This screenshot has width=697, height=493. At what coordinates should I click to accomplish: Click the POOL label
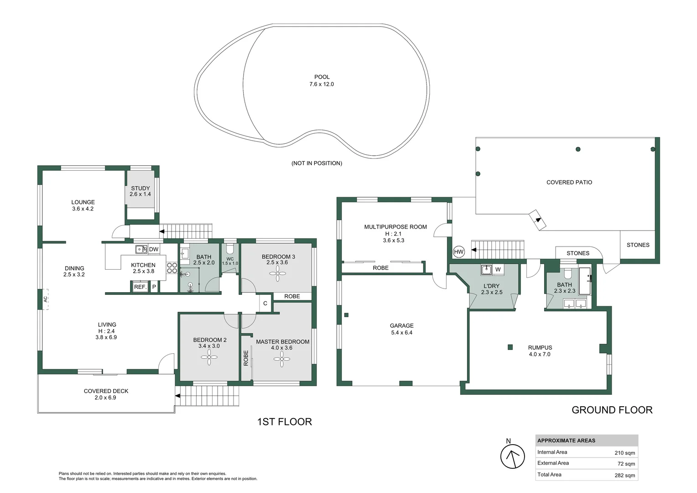tap(322, 77)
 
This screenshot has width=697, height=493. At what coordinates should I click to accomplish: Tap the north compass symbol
tap(512, 456)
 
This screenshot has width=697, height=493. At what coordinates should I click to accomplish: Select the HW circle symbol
tap(458, 252)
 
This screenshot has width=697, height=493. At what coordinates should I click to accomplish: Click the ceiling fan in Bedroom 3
tap(277, 274)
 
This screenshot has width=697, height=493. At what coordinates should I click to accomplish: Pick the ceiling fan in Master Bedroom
tap(281, 359)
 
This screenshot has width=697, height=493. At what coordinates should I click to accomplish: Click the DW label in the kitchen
tap(154, 249)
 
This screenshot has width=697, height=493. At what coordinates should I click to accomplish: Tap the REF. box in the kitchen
tap(140, 287)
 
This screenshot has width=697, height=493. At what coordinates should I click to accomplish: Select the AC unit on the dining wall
tap(46, 299)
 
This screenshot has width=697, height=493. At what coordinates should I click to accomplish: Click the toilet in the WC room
tap(230, 249)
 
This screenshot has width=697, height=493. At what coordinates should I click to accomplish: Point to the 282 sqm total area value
tap(624, 475)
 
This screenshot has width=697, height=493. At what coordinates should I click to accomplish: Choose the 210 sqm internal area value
tap(624, 453)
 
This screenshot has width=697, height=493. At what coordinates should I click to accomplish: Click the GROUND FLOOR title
tap(612, 410)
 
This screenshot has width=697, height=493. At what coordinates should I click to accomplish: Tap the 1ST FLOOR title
tap(285, 422)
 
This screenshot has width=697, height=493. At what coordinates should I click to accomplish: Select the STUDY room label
tap(140, 188)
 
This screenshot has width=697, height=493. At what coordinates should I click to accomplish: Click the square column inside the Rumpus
tap(510, 347)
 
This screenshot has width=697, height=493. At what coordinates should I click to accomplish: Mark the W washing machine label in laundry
tap(498, 269)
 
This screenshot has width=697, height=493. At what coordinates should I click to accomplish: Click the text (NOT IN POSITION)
tap(317, 163)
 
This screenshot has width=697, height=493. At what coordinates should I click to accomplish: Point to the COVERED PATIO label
tap(569, 182)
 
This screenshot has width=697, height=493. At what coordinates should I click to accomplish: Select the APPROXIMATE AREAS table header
tap(566, 441)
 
